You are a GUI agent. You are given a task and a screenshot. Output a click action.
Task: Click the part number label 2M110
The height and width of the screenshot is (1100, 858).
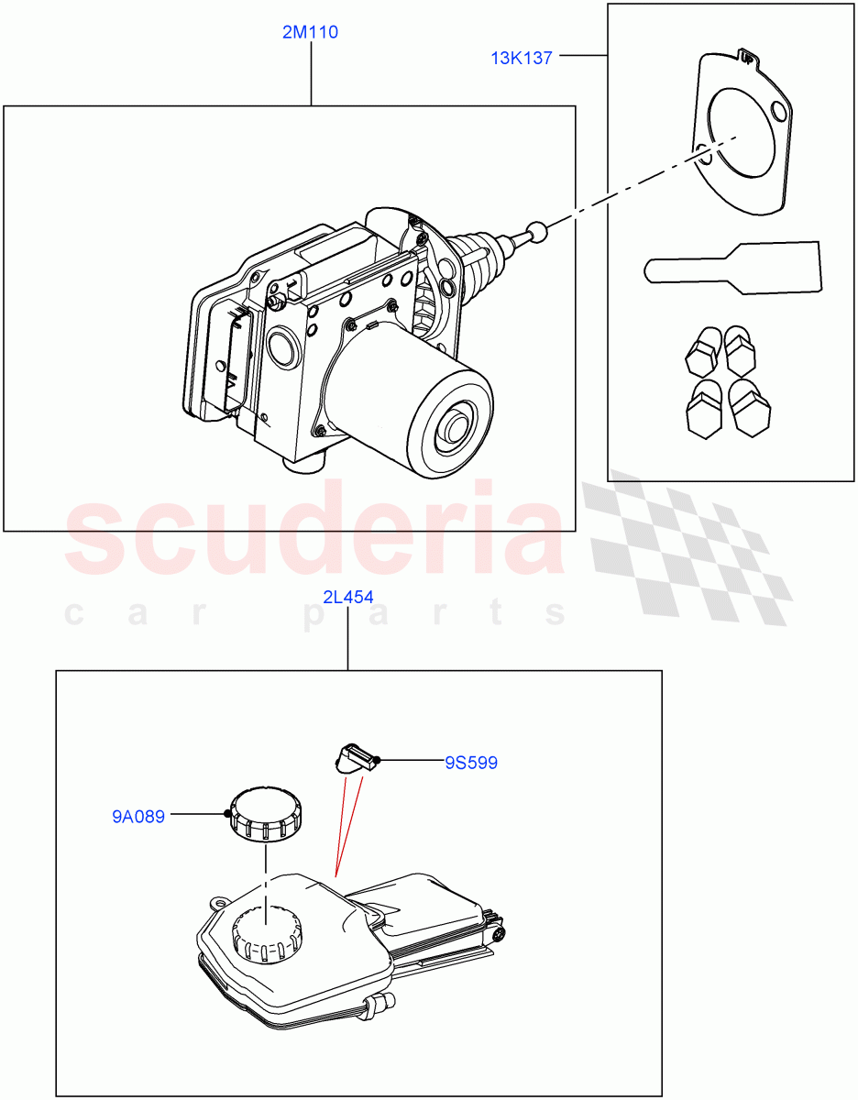311,33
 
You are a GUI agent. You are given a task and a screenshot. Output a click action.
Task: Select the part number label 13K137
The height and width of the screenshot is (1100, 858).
521,58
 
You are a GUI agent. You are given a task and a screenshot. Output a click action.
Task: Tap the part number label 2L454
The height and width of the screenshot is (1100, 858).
347,598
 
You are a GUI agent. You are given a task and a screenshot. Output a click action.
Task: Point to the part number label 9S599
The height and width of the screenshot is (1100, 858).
471,762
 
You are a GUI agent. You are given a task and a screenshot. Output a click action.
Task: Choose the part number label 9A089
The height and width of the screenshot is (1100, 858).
138,816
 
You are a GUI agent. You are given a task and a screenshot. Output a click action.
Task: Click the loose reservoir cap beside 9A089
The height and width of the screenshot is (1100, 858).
267,812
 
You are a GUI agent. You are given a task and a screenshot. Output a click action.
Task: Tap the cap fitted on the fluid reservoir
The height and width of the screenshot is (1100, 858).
268,936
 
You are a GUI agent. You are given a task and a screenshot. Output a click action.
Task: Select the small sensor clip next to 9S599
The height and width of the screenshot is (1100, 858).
355,758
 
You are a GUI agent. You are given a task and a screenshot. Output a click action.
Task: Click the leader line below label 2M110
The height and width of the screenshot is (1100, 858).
311,73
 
